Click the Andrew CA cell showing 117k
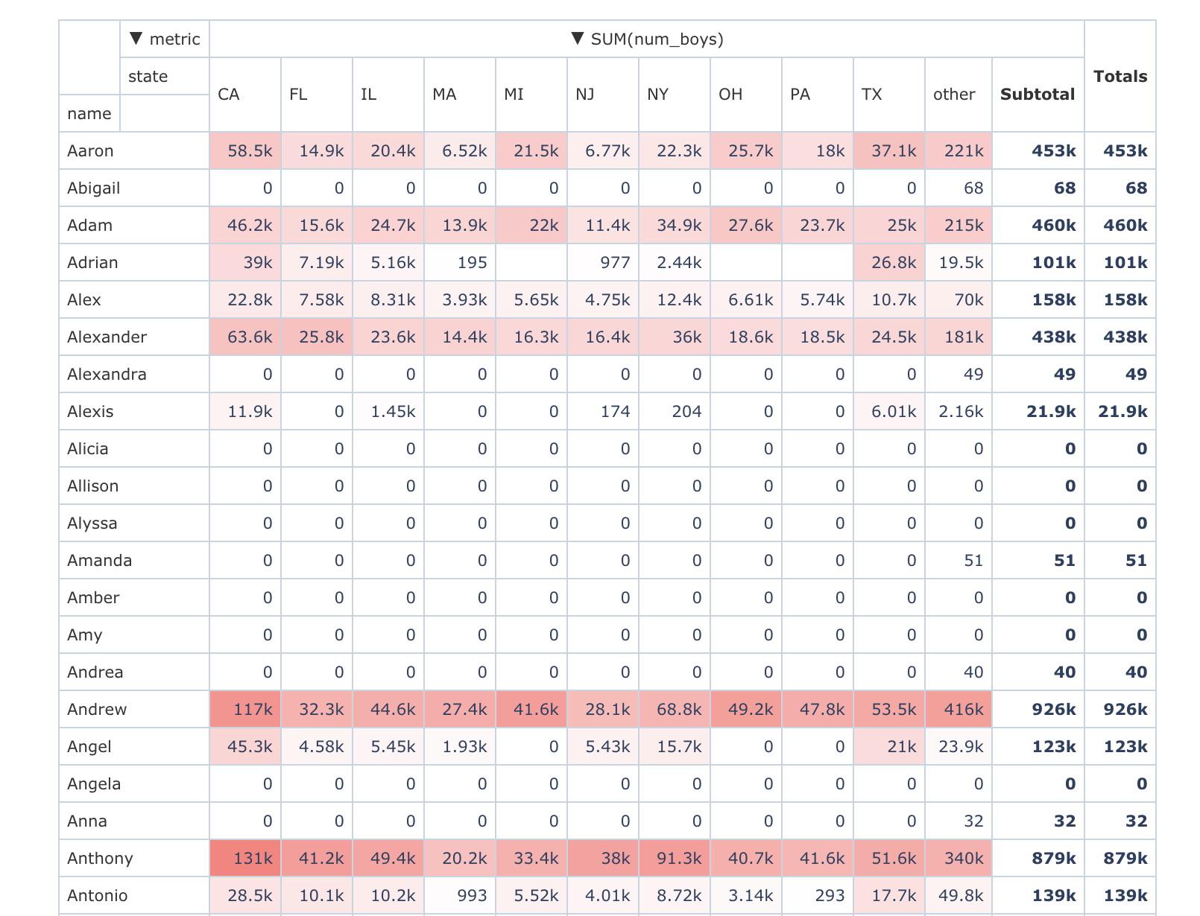pos(252,709)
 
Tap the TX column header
pos(871,95)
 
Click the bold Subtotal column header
pos(1037,95)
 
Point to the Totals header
pos(1120,76)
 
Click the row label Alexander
pos(107,337)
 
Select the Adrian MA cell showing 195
pos(472,262)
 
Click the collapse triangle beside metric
pos(136,39)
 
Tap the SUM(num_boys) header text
pos(656,39)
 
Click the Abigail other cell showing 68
pos(973,188)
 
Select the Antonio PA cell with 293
pos(830,895)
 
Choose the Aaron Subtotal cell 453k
pos(1053,150)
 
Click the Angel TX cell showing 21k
pos(900,746)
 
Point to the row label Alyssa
pos(92,523)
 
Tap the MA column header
pos(444,95)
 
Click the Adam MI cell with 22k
pos(543,225)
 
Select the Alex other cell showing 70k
pos(967,299)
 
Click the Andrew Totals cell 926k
pos(1125,709)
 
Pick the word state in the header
pos(148,76)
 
